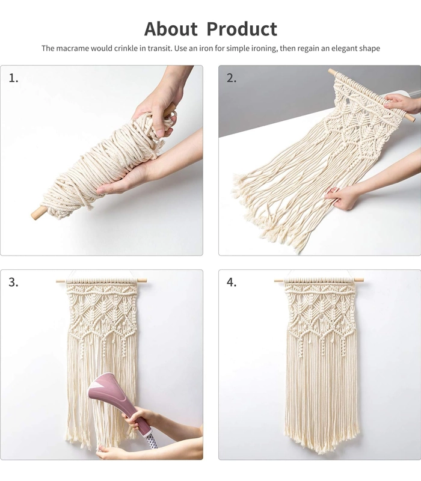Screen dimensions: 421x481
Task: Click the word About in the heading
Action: pyautogui.click(x=171, y=29)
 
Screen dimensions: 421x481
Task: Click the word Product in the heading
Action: pyautogui.click(x=242, y=29)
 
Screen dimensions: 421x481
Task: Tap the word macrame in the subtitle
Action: pyautogui.click(x=72, y=49)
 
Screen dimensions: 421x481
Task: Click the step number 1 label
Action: pyautogui.click(x=13, y=78)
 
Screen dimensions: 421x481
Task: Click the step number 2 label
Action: pyautogui.click(x=232, y=78)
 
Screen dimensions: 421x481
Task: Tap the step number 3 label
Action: pyautogui.click(x=13, y=282)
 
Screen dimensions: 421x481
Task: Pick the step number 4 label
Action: pyautogui.click(x=232, y=282)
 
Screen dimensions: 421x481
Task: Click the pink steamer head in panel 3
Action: pyautogui.click(x=108, y=392)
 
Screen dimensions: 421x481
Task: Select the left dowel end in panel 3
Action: pyautogui.click(x=61, y=281)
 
